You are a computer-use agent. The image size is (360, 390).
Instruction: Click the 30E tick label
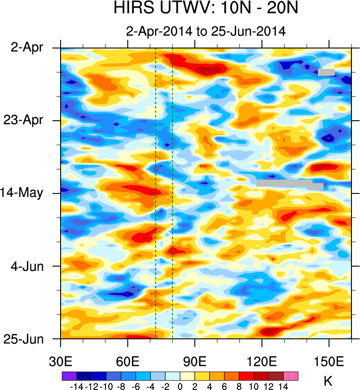tap(61, 361)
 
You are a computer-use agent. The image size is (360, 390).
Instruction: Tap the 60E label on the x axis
tap(128, 361)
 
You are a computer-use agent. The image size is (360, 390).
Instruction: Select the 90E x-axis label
tap(195, 361)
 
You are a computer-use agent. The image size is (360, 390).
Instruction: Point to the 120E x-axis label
tap(262, 361)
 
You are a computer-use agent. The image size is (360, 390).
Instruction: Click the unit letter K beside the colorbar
tap(328, 381)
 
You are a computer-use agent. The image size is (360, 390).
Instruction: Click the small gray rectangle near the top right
tap(326, 72)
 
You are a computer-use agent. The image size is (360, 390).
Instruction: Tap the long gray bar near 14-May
tap(285, 183)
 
